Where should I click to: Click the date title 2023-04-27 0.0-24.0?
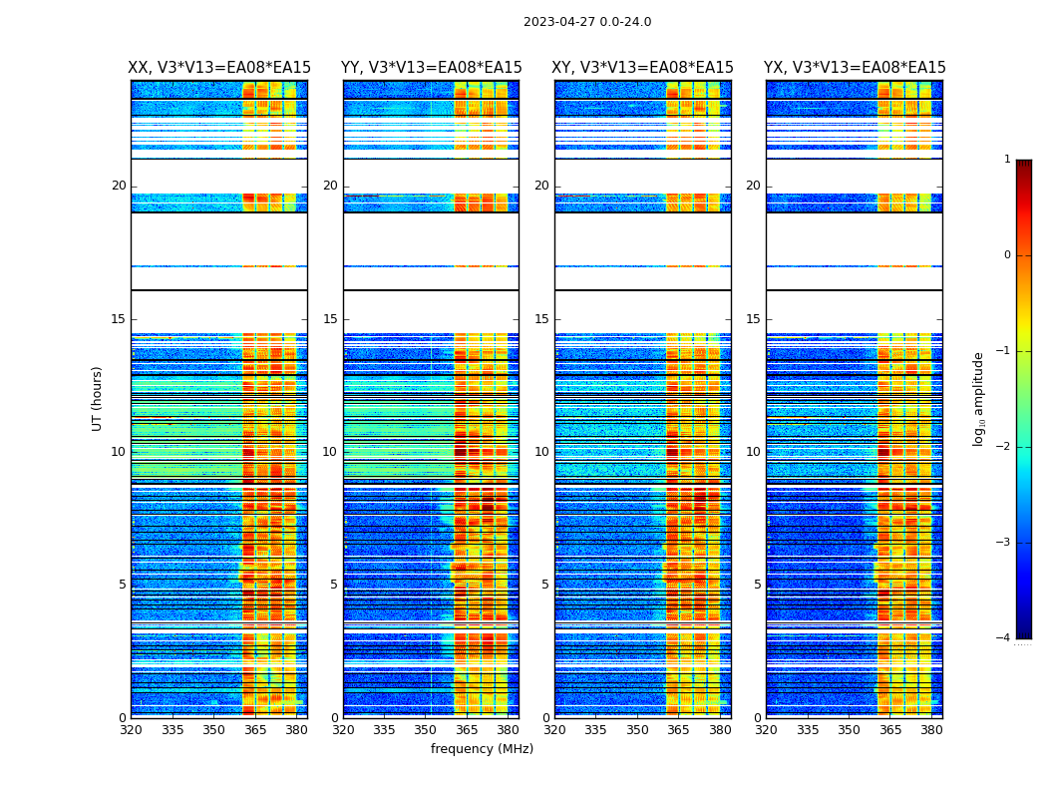[587, 22]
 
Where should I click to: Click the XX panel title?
[219, 68]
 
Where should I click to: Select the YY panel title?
[431, 68]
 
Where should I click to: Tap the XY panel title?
[643, 68]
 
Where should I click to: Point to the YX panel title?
[855, 68]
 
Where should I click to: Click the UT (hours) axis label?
[98, 398]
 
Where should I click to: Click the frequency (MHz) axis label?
[482, 749]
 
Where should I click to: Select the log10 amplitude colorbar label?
[979, 398]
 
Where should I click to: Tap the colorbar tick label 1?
[1007, 160]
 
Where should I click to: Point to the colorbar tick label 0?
[1007, 255]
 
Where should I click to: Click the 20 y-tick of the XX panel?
[119, 186]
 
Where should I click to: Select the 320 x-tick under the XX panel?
[131, 730]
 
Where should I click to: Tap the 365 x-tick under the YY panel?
[467, 730]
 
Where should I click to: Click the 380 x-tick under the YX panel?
[931, 730]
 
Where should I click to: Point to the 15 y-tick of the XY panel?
[541, 319]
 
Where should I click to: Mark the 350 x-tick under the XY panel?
[637, 730]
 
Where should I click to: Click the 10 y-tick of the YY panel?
[330, 452]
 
